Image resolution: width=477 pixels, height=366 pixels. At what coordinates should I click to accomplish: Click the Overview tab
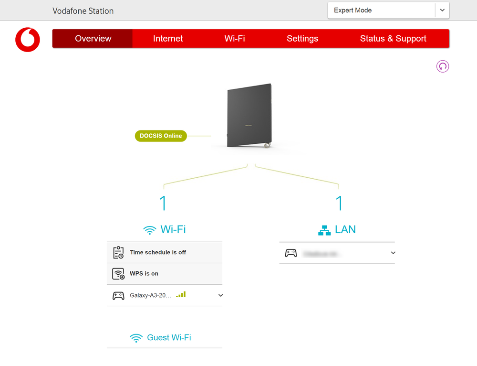click(x=93, y=39)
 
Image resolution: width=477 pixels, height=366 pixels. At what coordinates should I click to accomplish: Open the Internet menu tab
click(x=168, y=39)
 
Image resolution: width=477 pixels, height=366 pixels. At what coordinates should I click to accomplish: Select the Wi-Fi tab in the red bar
click(x=235, y=39)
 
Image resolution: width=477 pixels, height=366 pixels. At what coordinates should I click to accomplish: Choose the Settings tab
click(x=302, y=39)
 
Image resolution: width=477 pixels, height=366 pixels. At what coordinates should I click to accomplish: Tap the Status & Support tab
click(x=393, y=39)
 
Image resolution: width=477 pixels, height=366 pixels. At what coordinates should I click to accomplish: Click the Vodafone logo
click(x=28, y=39)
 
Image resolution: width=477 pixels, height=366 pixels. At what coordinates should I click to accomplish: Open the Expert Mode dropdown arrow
click(x=442, y=11)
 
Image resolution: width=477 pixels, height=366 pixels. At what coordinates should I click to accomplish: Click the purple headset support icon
click(x=443, y=66)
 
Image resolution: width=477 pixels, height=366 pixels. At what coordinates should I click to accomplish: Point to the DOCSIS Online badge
click(x=161, y=136)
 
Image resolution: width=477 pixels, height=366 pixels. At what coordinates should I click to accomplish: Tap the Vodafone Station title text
click(x=83, y=11)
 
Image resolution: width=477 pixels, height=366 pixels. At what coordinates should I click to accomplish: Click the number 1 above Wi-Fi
click(x=163, y=204)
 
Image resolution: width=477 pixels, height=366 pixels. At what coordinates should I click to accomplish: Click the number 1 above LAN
click(x=339, y=204)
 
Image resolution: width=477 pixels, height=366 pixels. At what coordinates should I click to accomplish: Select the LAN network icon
click(x=324, y=230)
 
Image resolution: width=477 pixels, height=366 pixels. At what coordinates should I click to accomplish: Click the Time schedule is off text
click(x=158, y=252)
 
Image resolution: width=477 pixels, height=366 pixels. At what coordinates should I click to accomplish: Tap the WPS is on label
click(x=144, y=274)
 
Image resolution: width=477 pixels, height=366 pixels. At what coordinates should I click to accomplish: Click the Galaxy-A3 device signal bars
click(x=181, y=295)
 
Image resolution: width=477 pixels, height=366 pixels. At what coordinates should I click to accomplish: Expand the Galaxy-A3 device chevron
click(x=220, y=295)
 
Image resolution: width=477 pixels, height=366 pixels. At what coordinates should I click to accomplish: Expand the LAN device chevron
click(x=393, y=253)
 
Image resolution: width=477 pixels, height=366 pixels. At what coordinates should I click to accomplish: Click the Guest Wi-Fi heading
click(x=169, y=337)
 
